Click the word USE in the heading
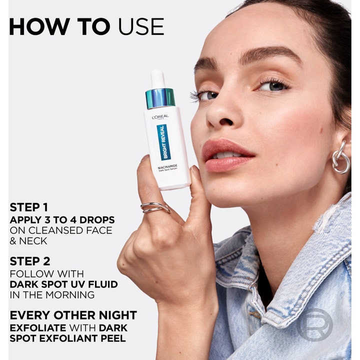141,26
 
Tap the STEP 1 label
29,207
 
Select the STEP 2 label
30,261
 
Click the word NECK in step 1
33,241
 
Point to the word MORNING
70,295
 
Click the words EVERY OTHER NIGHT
73,315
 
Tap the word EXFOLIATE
38,328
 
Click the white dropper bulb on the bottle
158,78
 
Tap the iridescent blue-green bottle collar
160,98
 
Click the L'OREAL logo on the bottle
160,117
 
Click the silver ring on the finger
155,207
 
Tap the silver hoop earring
340,158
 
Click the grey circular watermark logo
315,324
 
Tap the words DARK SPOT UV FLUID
64,284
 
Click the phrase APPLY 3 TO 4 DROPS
62,220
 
